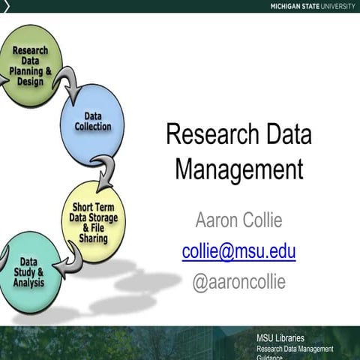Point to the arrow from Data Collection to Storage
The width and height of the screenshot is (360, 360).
(x=108, y=171)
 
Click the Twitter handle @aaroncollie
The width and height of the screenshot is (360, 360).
(x=238, y=283)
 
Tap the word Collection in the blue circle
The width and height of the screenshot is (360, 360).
(x=93, y=127)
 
